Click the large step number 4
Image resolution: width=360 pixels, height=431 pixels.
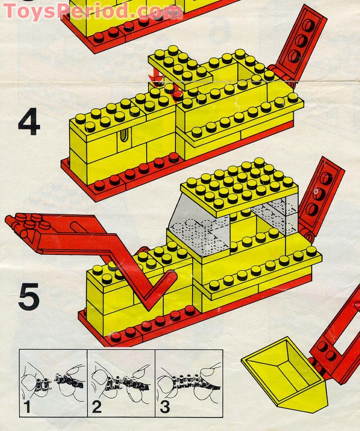(x=29, y=122)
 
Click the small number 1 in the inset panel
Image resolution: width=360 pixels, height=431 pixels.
(x=27, y=407)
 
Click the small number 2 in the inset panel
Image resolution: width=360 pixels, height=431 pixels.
(x=97, y=407)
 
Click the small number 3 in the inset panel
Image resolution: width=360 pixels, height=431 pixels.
(x=165, y=407)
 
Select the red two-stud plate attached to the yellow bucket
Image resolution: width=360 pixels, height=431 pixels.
(x=325, y=352)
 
